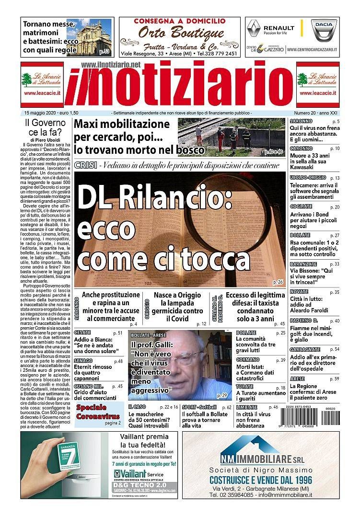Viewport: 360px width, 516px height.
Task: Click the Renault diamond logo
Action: point(254,29)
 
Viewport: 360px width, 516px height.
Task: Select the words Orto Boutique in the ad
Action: point(181,33)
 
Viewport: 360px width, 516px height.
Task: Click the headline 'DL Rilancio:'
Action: point(155,196)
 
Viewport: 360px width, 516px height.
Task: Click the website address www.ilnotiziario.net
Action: point(111,64)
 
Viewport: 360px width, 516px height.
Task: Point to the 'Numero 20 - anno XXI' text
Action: point(315,112)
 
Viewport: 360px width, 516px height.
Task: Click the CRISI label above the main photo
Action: point(84,165)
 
